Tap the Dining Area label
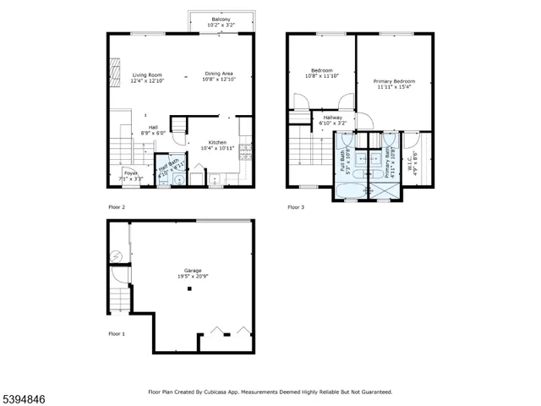click(220, 76)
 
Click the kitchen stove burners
click(245, 153)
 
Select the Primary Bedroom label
click(393, 84)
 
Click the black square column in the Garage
click(189, 289)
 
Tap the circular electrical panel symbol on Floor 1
click(115, 255)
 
